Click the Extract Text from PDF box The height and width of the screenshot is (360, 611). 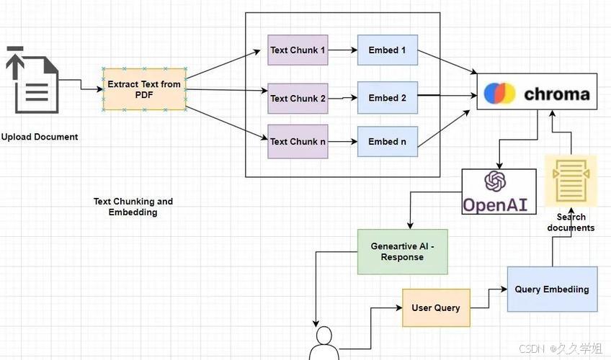[x=144, y=89]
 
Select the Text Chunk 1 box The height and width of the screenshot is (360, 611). [x=298, y=50]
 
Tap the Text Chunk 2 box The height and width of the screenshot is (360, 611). [x=298, y=98]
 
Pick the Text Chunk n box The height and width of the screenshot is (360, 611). [x=298, y=142]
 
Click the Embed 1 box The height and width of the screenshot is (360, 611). [x=388, y=50]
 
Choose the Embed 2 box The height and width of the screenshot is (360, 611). [x=388, y=98]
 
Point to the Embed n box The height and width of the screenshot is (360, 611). [x=388, y=142]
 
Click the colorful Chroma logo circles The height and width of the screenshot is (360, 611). [x=499, y=94]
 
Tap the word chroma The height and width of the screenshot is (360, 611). [x=556, y=94]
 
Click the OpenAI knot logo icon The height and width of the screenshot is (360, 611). [x=495, y=181]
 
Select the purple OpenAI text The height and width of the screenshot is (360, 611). [x=495, y=204]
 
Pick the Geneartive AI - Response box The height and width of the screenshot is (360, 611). [x=403, y=252]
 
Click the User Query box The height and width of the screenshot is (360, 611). [x=436, y=308]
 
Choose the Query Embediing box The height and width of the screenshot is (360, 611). [x=552, y=289]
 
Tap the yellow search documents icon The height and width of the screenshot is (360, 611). [x=571, y=181]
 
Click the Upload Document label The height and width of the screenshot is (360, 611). [x=40, y=137]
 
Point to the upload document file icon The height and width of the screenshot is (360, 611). [x=32, y=80]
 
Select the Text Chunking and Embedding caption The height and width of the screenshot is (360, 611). [x=133, y=207]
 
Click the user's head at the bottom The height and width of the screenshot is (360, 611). [x=324, y=336]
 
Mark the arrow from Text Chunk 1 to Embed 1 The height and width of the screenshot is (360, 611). [x=342, y=50]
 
